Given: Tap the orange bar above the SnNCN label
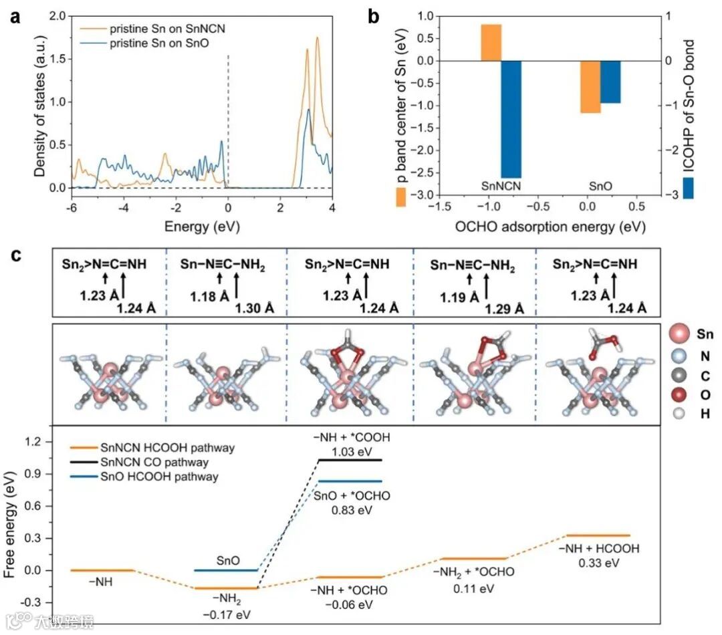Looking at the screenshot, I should pyautogui.click(x=491, y=42).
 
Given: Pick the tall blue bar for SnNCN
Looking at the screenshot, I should pyautogui.click(x=511, y=119).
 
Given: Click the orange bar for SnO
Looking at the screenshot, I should pyautogui.click(x=590, y=87).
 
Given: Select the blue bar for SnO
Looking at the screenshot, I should pyautogui.click(x=610, y=82).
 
